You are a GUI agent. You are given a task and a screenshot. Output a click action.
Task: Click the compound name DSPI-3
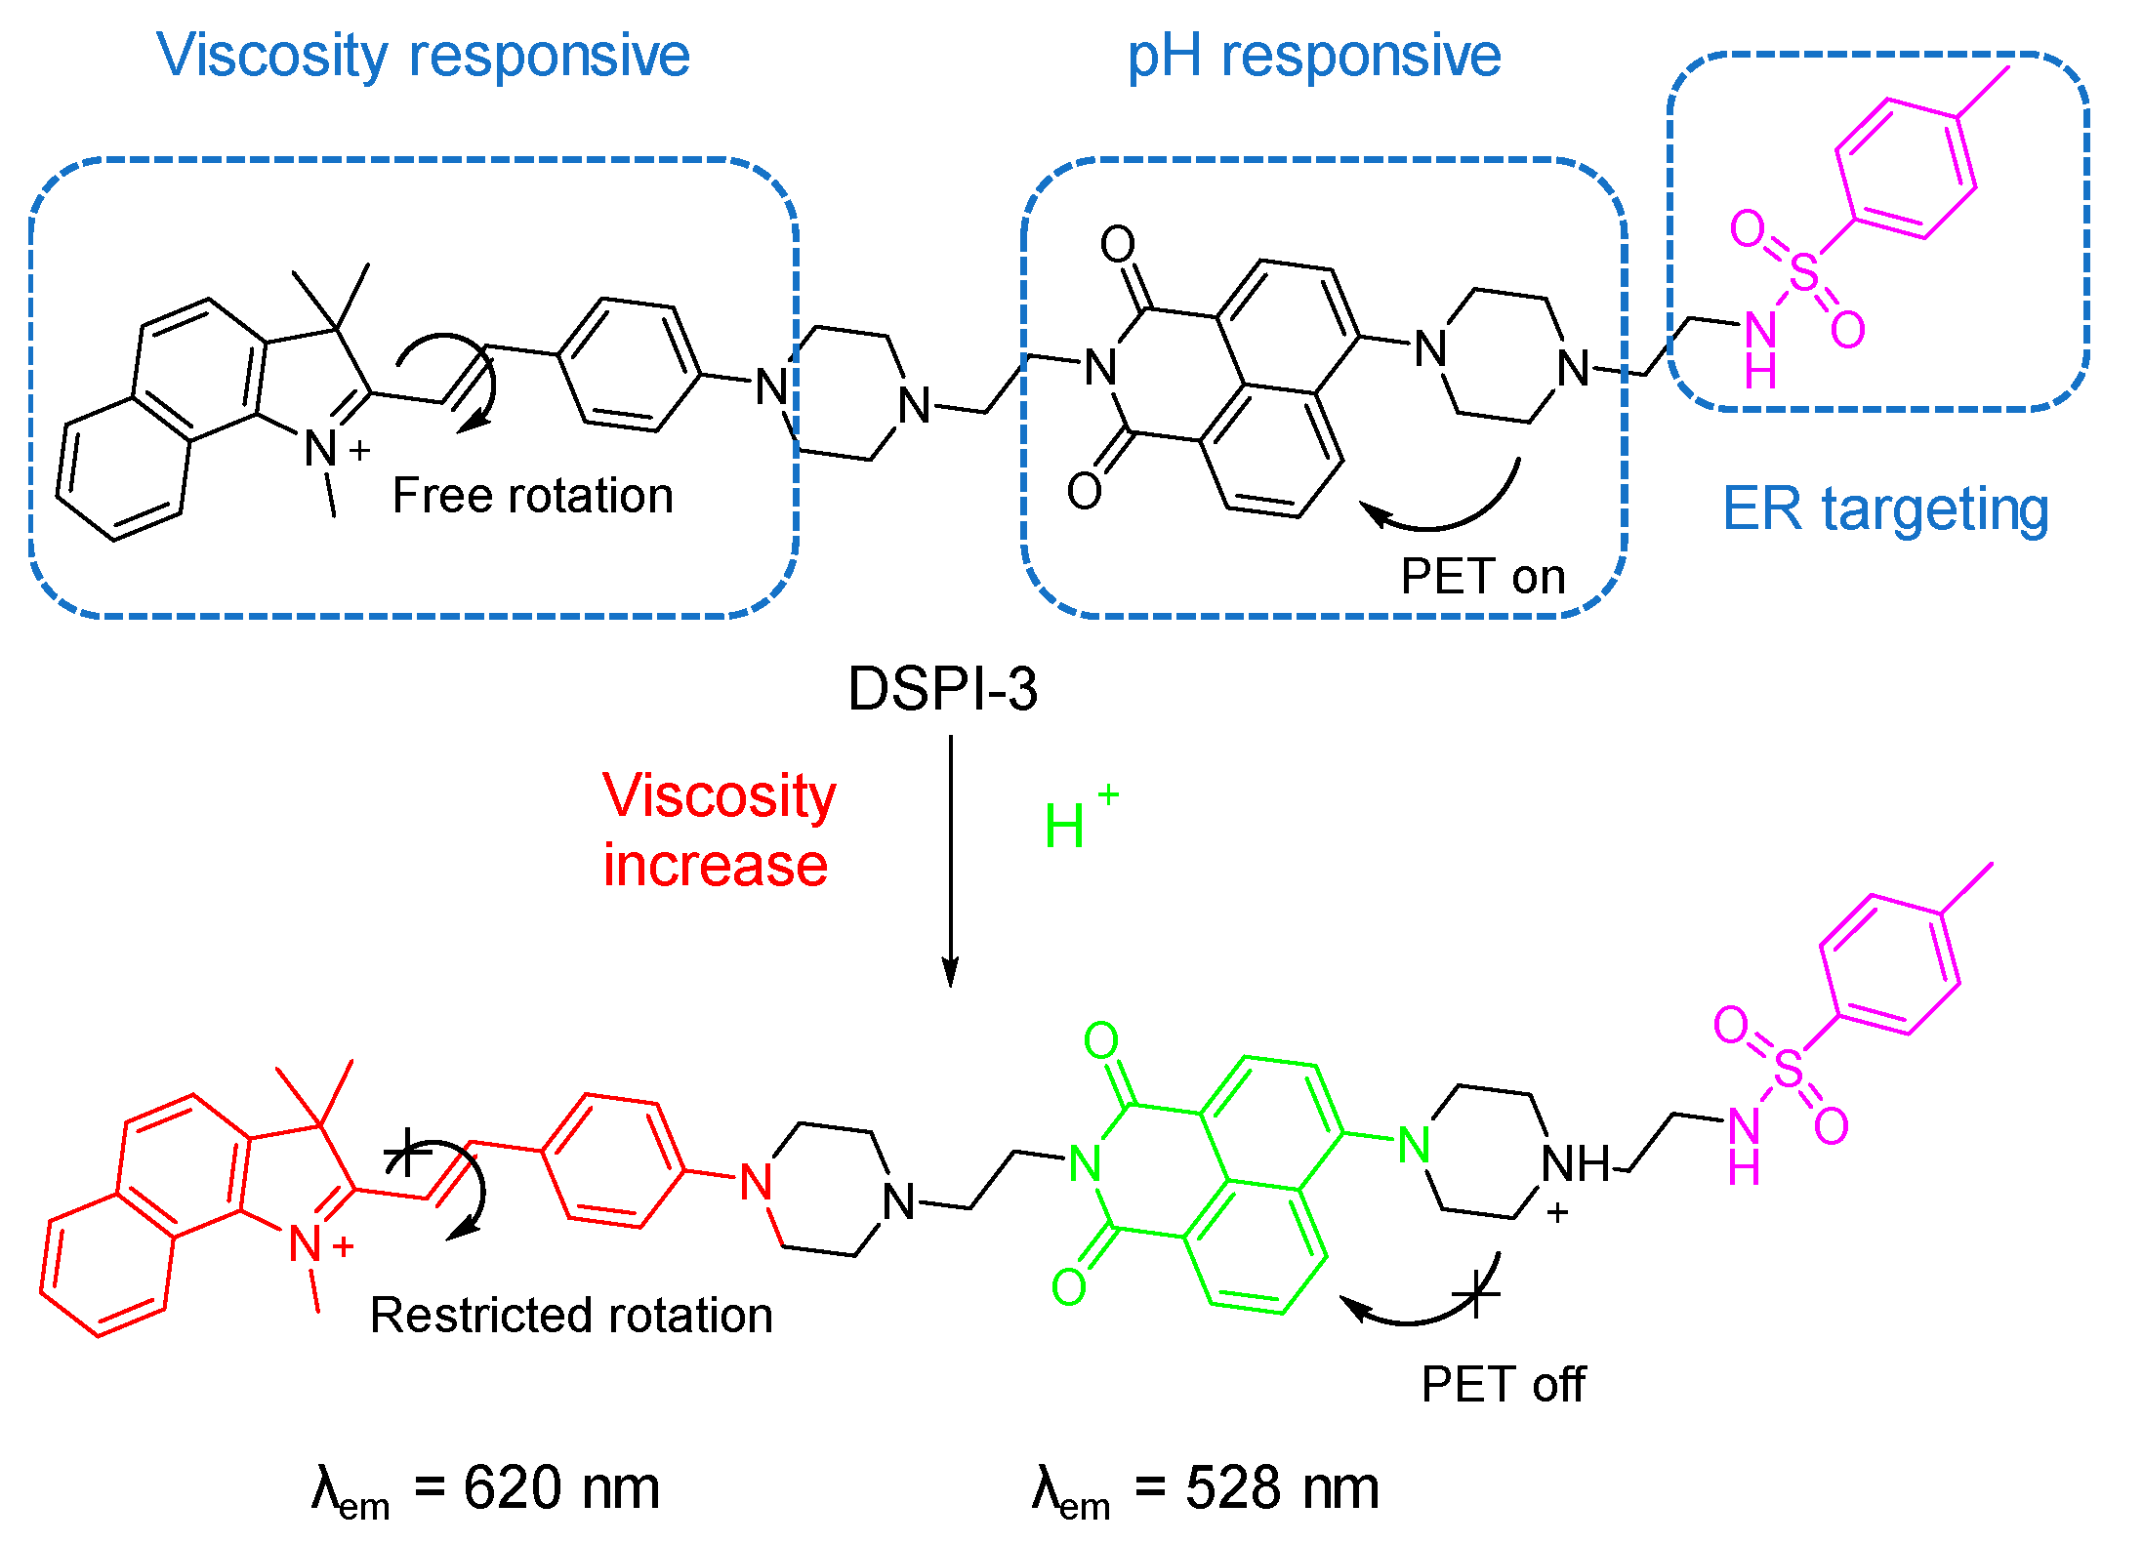click(x=942, y=689)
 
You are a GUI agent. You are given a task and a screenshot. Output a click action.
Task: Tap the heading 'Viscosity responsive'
click(x=423, y=56)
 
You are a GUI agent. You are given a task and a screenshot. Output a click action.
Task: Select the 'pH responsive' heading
click(x=1313, y=56)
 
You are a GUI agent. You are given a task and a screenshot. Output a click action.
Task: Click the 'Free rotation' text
click(x=532, y=496)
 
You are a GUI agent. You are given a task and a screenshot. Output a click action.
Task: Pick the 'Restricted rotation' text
click(x=571, y=1316)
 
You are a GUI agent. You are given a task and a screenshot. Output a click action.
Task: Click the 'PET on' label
click(x=1482, y=577)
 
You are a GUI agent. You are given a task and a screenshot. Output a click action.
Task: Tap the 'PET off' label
click(x=1503, y=1384)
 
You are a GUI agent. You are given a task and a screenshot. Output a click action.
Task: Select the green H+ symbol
click(x=1074, y=823)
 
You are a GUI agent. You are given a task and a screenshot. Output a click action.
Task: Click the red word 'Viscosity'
click(x=719, y=796)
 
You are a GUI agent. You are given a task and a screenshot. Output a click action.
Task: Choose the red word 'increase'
click(x=715, y=866)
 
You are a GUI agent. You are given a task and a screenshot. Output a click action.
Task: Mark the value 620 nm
click(x=560, y=1488)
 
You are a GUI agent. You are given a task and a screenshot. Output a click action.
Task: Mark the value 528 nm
click(x=1281, y=1488)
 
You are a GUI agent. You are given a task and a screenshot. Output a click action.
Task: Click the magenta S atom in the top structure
click(x=1804, y=274)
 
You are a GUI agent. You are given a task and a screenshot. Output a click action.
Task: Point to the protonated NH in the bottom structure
click(x=1573, y=1164)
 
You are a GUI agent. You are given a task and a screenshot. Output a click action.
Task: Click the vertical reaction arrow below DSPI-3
click(x=950, y=859)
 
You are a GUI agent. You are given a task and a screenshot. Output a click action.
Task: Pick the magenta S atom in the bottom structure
click(x=1788, y=1070)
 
